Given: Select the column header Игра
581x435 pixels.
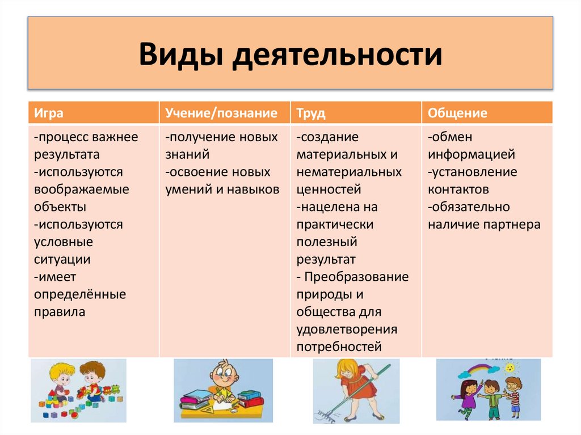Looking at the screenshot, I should [x=48, y=113].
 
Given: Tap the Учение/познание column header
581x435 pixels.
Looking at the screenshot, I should [x=221, y=113].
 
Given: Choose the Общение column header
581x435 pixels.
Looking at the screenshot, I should [x=457, y=113].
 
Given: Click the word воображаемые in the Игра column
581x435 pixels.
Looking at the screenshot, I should [x=81, y=189].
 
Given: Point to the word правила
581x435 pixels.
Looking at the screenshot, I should [x=59, y=311].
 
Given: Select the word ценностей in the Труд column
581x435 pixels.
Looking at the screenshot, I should [x=329, y=189].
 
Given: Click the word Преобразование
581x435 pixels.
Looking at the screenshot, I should [x=356, y=277].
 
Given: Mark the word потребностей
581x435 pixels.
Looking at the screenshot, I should [x=339, y=347].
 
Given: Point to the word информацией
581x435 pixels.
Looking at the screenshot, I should [x=471, y=154].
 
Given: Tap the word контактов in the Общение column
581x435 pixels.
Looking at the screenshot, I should [x=458, y=189].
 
